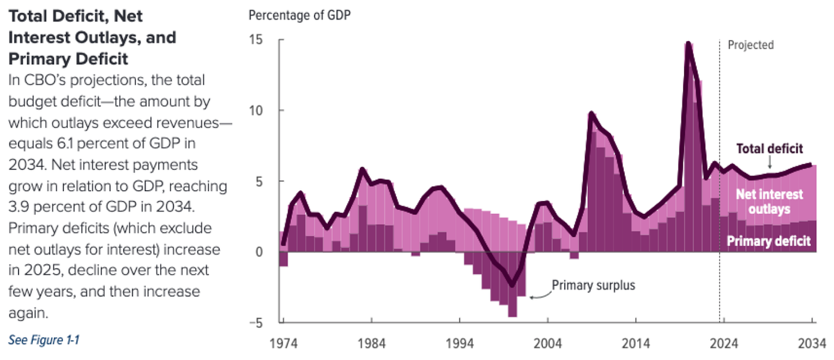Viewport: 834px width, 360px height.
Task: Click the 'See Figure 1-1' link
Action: point(43,340)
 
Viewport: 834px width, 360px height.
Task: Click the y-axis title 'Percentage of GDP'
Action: point(299,15)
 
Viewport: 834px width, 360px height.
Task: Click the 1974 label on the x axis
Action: point(283,344)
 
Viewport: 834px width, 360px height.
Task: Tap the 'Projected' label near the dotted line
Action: point(751,45)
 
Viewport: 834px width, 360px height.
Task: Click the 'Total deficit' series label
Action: point(770,148)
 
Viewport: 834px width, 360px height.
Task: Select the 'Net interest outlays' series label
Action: point(770,201)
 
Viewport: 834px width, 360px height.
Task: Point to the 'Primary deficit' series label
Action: point(768,241)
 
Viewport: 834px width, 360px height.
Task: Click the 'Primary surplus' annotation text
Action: point(593,285)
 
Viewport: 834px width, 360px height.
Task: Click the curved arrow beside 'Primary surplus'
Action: point(539,293)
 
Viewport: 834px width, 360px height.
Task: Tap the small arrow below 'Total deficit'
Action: point(769,162)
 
